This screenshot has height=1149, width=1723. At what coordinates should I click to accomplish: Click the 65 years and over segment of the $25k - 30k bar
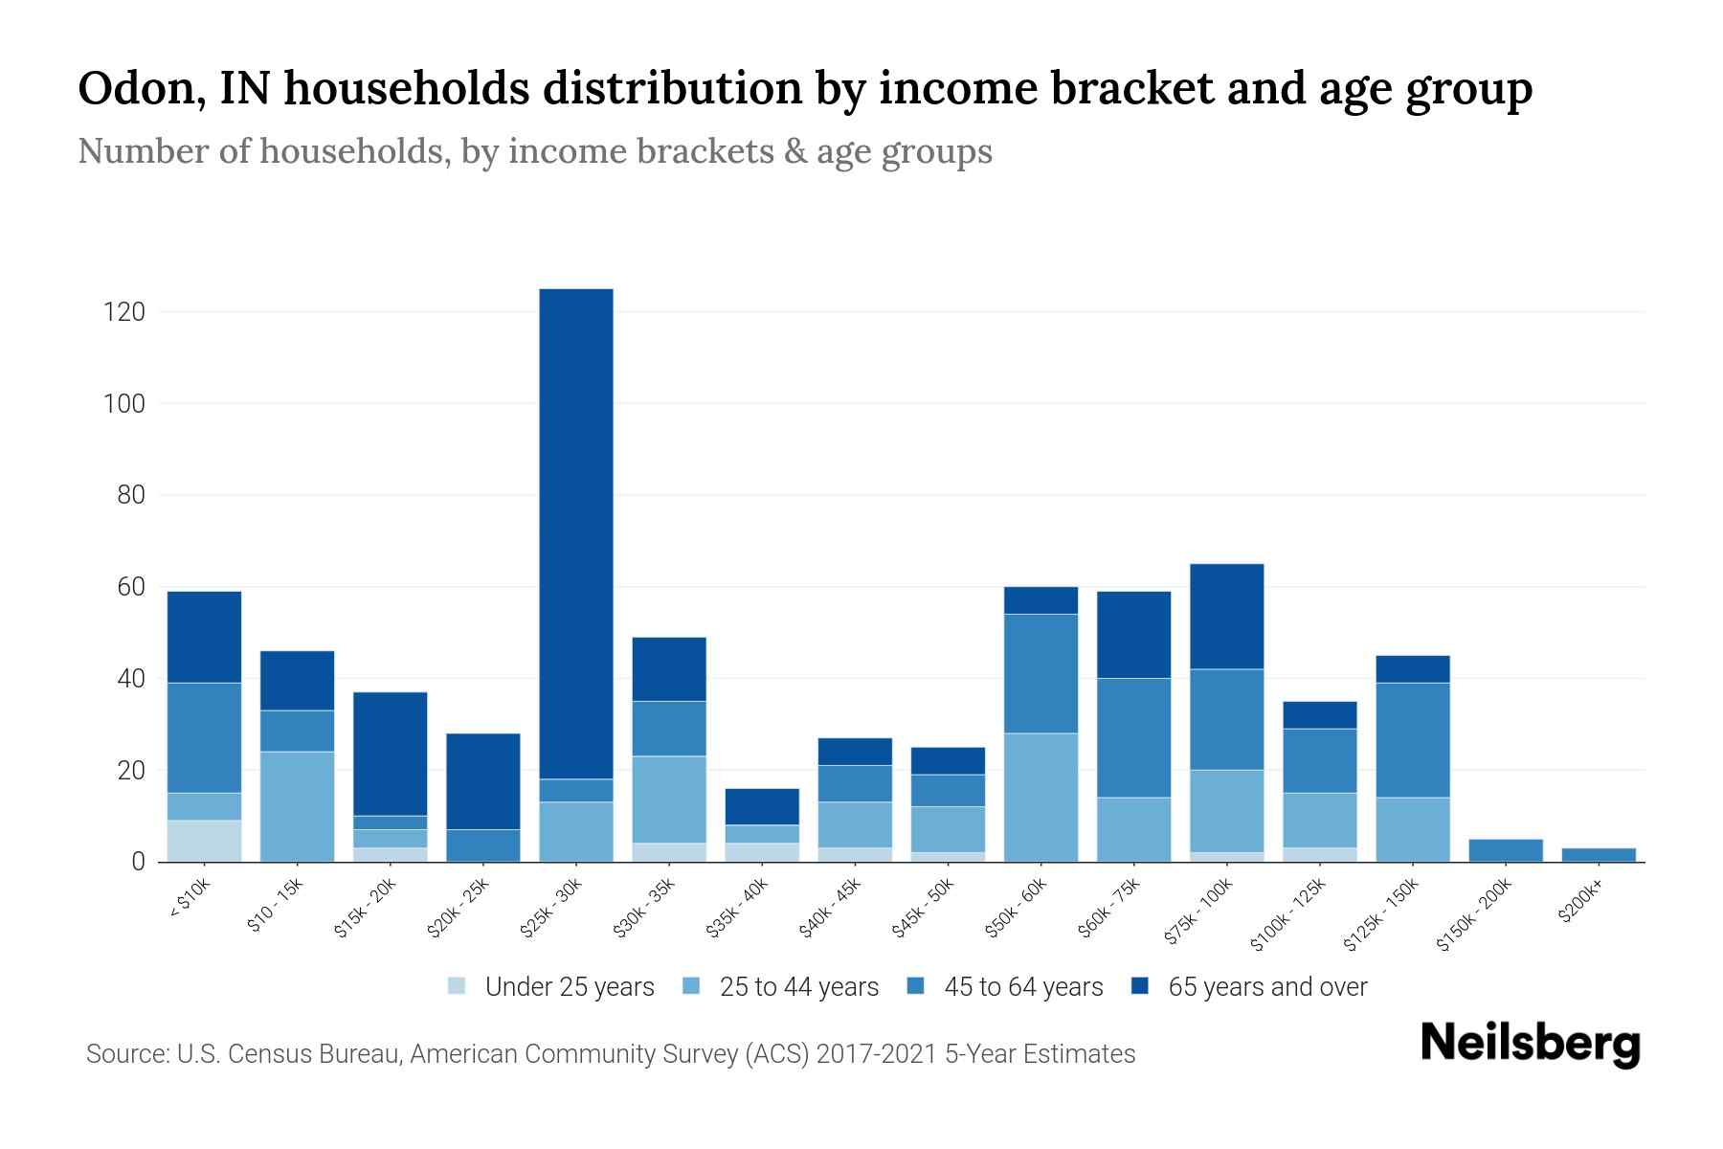click(x=576, y=533)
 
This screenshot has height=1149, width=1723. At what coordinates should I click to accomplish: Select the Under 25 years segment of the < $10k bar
click(x=204, y=841)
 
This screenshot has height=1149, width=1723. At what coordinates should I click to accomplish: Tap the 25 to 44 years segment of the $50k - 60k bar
click(x=1041, y=797)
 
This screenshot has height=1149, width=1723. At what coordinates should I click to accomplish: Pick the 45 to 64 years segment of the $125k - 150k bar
click(x=1413, y=739)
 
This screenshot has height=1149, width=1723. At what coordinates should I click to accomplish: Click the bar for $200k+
click(x=1599, y=854)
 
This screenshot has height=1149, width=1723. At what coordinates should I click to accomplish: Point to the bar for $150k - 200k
click(x=1506, y=850)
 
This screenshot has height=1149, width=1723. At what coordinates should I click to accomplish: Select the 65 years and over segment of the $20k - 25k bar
click(x=483, y=780)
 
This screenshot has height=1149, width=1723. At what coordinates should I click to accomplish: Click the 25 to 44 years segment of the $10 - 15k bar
click(x=298, y=806)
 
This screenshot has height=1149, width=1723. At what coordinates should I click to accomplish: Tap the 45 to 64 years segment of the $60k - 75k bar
click(x=1133, y=737)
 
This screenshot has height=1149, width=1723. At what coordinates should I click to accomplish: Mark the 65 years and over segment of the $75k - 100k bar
click(x=1226, y=616)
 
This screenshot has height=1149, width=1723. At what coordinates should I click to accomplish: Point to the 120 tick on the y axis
click(x=125, y=312)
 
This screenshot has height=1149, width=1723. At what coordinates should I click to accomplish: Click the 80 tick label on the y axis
click(x=131, y=495)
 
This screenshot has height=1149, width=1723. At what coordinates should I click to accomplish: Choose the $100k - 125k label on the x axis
click(x=1288, y=914)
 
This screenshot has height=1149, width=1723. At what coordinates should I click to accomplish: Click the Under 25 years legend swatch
click(x=458, y=986)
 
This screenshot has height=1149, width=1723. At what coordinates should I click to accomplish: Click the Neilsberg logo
click(x=1530, y=1045)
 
